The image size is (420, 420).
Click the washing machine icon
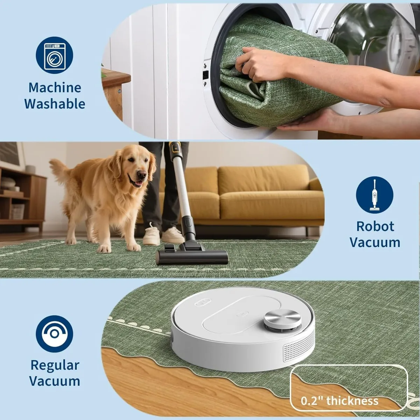click(x=55, y=55)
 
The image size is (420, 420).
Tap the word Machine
click(x=55, y=87)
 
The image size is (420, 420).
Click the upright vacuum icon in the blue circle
click(x=374, y=195)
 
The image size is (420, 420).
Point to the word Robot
click(x=375, y=226)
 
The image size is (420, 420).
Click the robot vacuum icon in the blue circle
click(x=55, y=334)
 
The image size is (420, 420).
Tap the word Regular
click(x=55, y=365)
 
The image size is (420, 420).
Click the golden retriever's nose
click(x=142, y=174)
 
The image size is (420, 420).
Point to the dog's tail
click(x=58, y=170)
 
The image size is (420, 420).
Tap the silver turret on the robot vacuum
click(x=282, y=320)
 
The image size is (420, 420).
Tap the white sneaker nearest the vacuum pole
click(x=173, y=236)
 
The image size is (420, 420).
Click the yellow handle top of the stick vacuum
click(x=175, y=148)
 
